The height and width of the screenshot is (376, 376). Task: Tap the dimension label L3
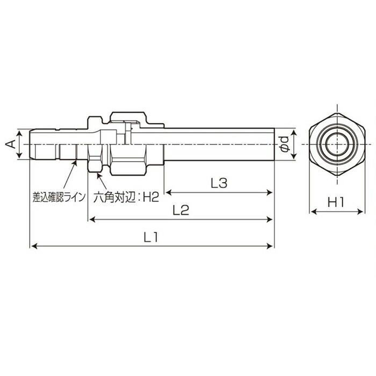click(x=219, y=183)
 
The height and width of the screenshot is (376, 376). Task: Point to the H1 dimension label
click(x=336, y=203)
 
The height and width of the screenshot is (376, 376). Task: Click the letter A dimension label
click(x=9, y=144)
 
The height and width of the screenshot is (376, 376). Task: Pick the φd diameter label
click(x=285, y=144)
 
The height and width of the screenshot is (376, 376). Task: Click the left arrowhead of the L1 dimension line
click(x=32, y=246)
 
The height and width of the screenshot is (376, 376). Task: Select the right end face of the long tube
click(x=274, y=144)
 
